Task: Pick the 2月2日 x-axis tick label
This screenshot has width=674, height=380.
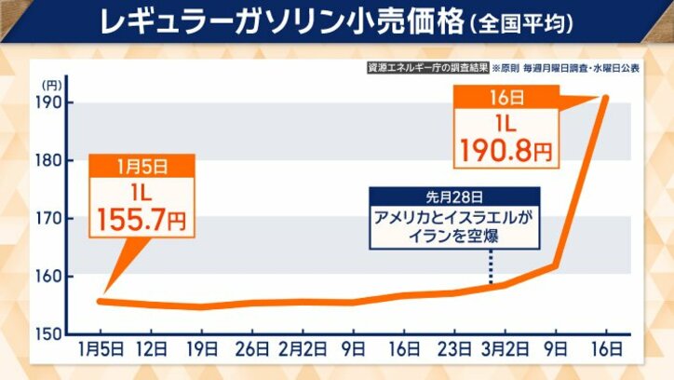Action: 301,352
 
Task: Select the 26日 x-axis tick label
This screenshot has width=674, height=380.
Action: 251,352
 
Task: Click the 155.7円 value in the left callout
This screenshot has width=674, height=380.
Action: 143,221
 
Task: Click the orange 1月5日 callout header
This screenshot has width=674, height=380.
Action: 143,166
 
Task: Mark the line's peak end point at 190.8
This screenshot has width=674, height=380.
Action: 606,97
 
